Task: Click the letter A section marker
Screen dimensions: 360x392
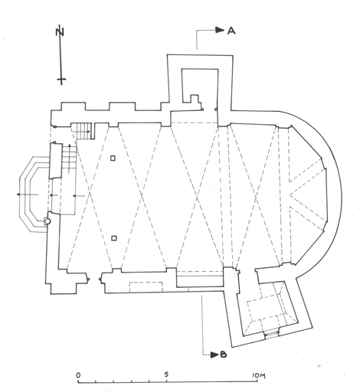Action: [x=231, y=31]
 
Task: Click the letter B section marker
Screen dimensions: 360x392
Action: [x=223, y=354]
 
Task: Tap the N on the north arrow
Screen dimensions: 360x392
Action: [x=60, y=32]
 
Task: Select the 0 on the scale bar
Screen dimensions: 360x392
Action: [x=78, y=375]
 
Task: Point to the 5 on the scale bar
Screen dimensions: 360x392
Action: [x=166, y=374]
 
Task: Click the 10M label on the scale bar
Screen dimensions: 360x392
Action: [x=259, y=375]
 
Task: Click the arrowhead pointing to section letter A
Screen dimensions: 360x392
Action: [x=220, y=30]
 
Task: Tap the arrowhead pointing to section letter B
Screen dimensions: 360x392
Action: [x=214, y=354]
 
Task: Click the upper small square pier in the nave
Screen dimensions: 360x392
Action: [x=113, y=158]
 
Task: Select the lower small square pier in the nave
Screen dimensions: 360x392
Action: [x=114, y=238]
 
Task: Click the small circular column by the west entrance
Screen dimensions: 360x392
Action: [x=47, y=221]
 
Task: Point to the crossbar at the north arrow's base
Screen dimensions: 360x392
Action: [x=61, y=80]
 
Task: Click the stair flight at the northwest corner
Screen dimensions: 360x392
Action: [x=81, y=131]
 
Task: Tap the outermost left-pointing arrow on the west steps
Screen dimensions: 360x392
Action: [x=28, y=194]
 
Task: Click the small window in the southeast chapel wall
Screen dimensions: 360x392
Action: [x=272, y=333]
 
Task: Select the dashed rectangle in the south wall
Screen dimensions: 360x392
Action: [x=146, y=286]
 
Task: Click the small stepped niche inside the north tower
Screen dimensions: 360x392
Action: [x=194, y=99]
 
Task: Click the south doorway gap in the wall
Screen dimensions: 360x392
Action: [x=94, y=279]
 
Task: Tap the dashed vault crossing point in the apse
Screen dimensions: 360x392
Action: [x=290, y=194]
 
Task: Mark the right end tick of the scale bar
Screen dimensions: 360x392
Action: [x=257, y=381]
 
